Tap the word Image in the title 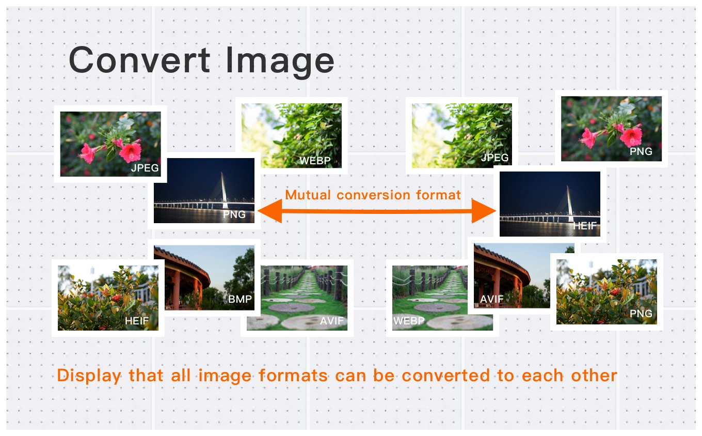[280, 61]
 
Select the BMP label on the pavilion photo [240, 299]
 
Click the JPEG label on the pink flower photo [145, 168]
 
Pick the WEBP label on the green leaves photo [315, 161]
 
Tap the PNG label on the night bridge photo [234, 214]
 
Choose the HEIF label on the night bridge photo [585, 226]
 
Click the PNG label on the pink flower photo [641, 151]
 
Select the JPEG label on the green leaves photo [494, 158]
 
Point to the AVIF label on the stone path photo [332, 321]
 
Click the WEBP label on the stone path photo [409, 321]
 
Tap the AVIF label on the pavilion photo [492, 299]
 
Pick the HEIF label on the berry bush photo [137, 321]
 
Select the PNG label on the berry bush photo [641, 314]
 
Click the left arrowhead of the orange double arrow [269, 211]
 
